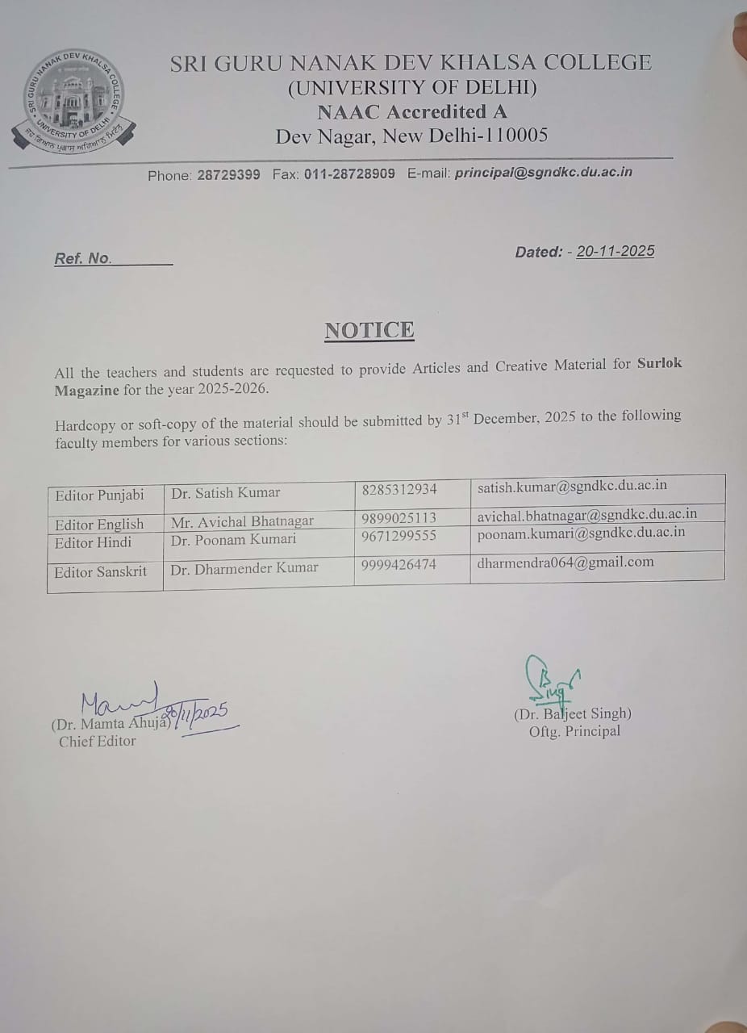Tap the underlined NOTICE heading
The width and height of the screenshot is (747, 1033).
click(369, 330)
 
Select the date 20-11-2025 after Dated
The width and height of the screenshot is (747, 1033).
click(616, 251)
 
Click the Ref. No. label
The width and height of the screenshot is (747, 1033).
click(82, 259)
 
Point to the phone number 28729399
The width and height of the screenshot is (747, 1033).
click(228, 174)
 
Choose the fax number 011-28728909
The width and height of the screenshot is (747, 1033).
click(349, 174)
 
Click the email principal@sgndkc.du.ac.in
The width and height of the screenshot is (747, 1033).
click(544, 172)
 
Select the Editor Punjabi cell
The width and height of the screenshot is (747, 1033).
click(99, 496)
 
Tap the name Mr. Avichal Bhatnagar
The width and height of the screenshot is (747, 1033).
click(242, 522)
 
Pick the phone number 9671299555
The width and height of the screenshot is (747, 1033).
click(399, 536)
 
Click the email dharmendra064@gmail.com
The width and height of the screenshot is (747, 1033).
click(565, 562)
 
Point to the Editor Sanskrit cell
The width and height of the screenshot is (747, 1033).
click(101, 571)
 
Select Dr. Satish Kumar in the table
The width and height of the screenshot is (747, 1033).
click(226, 492)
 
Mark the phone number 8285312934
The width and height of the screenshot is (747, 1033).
click(399, 490)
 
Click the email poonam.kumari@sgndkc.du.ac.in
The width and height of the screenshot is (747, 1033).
click(581, 532)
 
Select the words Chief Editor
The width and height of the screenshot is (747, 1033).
click(97, 741)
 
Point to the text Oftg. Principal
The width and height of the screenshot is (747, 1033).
click(574, 731)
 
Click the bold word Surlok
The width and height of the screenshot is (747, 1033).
click(659, 363)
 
